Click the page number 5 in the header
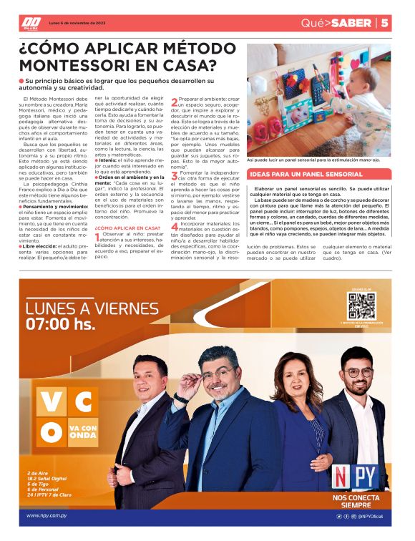coord(385,23)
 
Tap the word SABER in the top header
coord(352,23)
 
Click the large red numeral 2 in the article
coord(175,102)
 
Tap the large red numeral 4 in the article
coord(175,226)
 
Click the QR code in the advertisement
coord(361,306)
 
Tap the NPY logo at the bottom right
coord(356,477)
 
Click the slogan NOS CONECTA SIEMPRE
coord(356,501)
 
